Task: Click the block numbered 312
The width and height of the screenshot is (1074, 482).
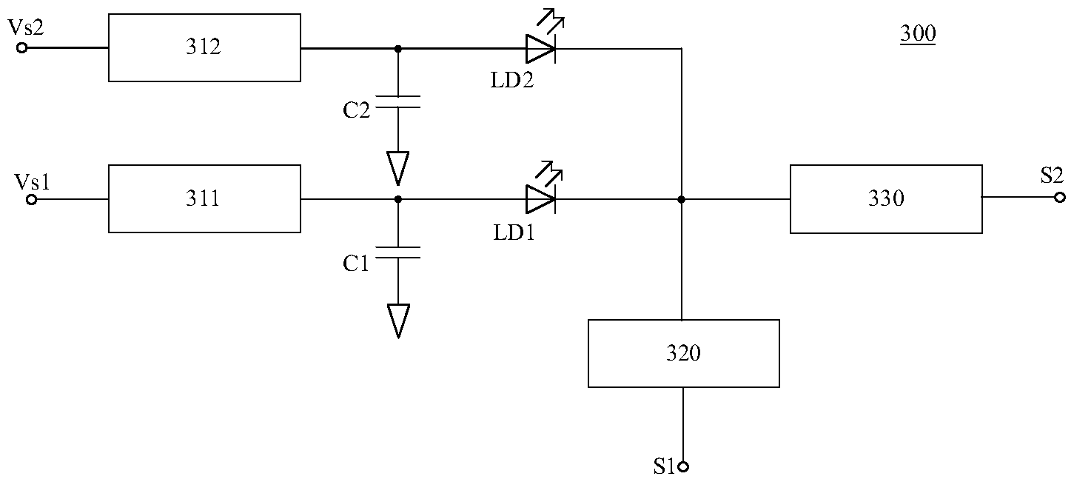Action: (204, 47)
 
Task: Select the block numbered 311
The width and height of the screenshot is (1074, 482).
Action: (204, 198)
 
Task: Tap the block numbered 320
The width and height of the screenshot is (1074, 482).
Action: (684, 353)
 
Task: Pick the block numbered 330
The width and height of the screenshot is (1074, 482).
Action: (886, 199)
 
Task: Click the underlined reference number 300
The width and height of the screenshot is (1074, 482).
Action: (918, 33)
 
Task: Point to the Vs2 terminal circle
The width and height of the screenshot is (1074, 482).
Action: (21, 48)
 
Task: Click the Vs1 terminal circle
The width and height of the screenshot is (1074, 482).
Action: (32, 199)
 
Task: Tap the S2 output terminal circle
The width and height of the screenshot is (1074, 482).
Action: (1060, 197)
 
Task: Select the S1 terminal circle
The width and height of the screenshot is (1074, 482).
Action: (684, 466)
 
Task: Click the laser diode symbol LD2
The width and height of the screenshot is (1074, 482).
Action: (541, 48)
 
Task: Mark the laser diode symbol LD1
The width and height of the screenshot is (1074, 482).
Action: (541, 199)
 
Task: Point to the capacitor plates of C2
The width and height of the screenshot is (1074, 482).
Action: (398, 101)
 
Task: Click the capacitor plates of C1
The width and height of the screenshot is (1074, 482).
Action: (398, 252)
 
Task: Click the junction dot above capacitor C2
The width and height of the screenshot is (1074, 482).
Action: (398, 48)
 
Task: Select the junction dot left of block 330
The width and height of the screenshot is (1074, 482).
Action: (681, 199)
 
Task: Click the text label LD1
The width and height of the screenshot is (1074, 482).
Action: (514, 232)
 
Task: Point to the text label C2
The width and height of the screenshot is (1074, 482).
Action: (356, 110)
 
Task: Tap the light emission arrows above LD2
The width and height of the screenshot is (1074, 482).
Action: (551, 21)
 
